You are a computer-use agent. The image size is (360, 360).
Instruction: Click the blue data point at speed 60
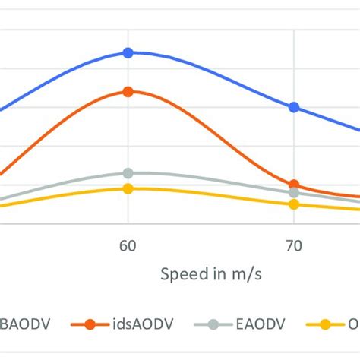128,52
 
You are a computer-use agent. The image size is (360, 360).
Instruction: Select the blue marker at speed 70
294,107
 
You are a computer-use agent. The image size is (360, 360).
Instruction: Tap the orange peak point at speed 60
128,91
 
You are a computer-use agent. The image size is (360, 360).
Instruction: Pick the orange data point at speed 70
294,185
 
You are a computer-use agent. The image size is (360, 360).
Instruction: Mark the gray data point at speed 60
128,173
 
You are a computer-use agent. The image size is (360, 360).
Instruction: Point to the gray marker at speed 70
294,193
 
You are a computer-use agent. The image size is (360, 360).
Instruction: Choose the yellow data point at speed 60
128,188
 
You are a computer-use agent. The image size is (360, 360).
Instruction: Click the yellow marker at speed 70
294,204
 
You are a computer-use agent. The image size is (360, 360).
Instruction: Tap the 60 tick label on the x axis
128,245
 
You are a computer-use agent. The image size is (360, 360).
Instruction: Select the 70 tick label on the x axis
294,245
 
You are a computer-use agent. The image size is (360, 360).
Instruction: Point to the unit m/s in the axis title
246,274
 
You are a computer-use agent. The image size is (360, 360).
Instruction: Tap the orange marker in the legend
90,324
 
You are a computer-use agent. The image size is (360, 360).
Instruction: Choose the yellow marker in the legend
325,324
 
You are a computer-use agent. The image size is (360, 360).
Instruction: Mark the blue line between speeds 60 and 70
213,76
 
